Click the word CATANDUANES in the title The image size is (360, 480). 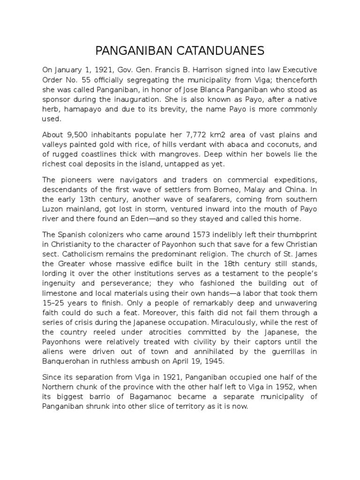(214, 51)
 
